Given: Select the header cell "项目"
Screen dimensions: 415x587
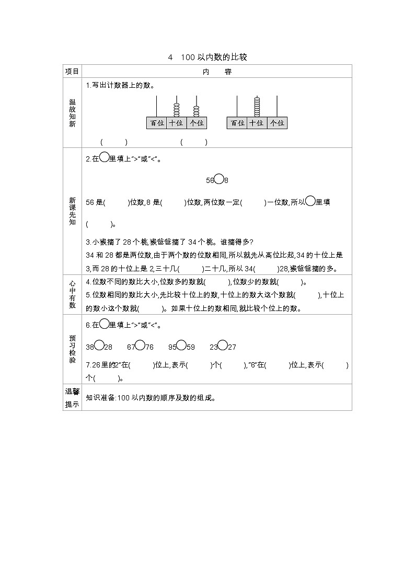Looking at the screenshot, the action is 72,72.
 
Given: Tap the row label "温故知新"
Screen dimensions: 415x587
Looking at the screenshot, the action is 72,113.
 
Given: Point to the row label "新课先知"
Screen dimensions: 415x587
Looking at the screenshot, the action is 72,210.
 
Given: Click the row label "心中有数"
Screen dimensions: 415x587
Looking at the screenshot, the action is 72,294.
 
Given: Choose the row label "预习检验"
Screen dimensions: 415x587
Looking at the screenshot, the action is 72,349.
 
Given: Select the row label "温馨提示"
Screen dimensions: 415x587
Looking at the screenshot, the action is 72,397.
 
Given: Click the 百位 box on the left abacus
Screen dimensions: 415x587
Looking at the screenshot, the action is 156,123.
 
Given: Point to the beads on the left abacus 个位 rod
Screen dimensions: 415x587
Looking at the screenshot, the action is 197,111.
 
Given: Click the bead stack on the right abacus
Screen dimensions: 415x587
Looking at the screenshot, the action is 257,107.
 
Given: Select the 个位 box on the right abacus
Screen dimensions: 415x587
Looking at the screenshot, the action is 277,123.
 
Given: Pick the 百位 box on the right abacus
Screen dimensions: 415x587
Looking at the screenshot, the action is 237,123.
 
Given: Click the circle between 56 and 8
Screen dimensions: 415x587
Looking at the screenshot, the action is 220,179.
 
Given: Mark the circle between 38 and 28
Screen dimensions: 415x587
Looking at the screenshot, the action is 99,346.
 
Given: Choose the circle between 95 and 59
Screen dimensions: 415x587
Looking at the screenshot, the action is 181,346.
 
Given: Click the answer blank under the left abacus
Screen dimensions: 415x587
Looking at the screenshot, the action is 114,142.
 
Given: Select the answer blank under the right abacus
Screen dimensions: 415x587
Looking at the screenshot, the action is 194,142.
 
